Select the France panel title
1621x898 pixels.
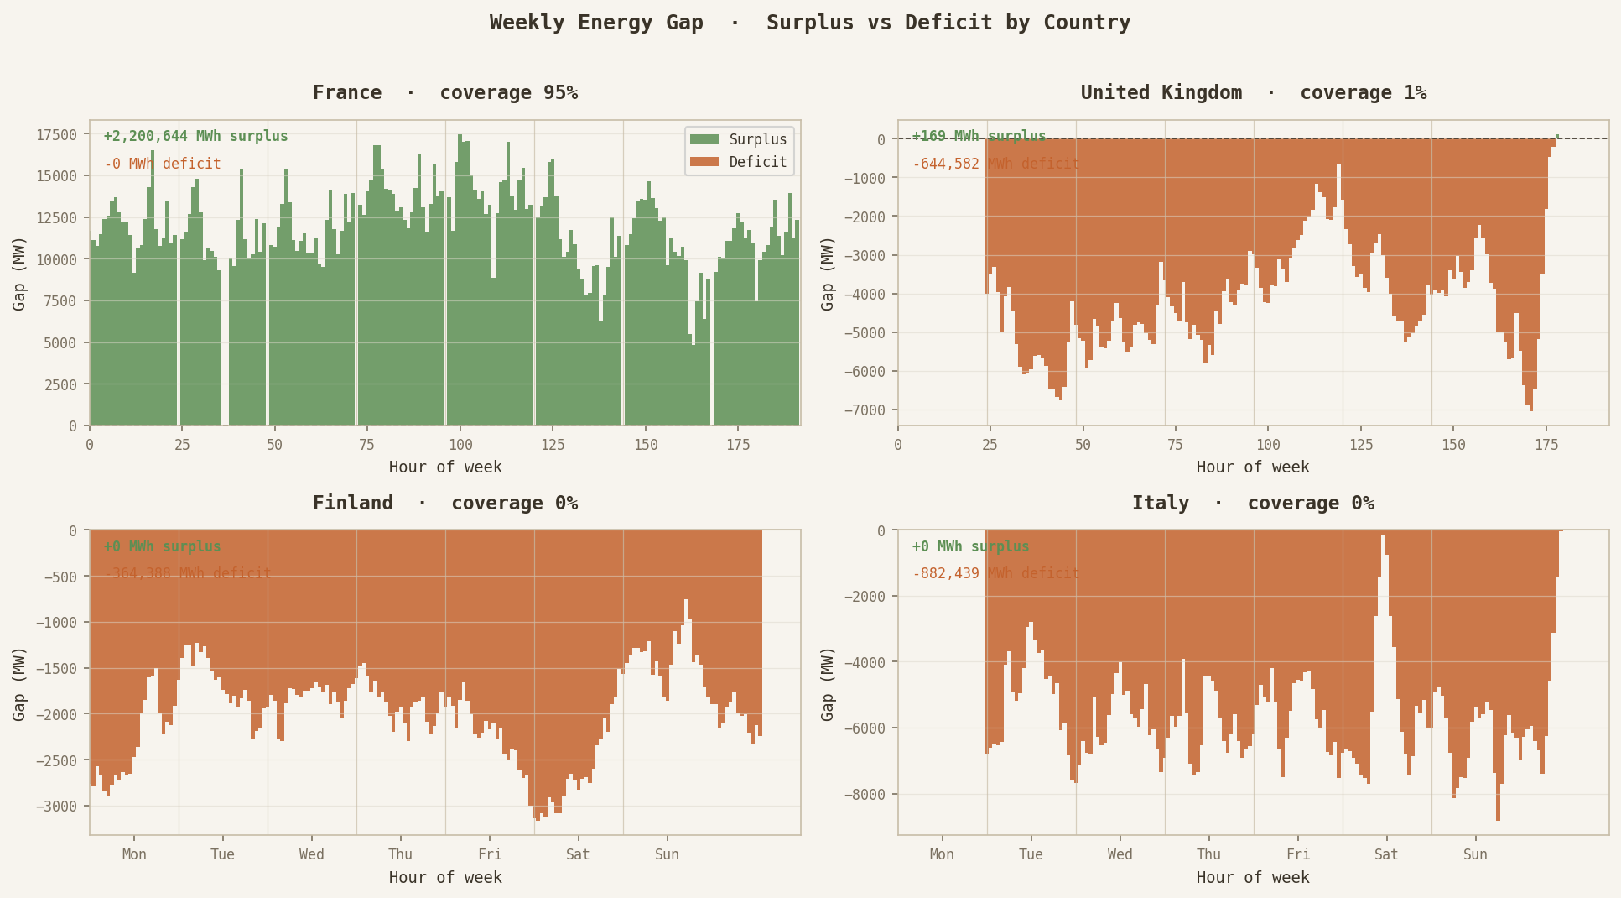(445, 92)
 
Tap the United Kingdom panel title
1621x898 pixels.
(1253, 92)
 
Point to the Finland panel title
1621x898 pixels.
(445, 503)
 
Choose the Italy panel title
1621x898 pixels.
(1253, 503)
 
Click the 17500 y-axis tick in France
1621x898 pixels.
(56, 135)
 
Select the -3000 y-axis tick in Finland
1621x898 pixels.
(56, 807)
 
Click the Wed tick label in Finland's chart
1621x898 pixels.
(312, 854)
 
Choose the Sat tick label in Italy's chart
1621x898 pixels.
(1386, 854)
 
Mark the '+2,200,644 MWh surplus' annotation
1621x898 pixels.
(195, 136)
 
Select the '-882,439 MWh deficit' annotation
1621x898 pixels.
(995, 574)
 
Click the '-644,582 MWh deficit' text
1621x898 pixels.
(995, 164)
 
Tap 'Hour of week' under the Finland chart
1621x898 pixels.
(445, 877)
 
